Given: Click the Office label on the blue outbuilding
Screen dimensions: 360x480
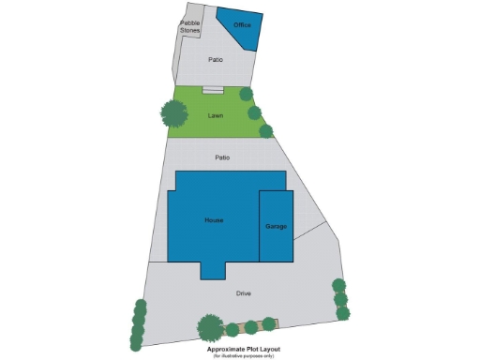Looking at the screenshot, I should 242,24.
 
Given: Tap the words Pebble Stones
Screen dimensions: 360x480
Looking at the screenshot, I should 190,26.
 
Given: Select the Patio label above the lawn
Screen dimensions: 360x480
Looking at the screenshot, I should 216,59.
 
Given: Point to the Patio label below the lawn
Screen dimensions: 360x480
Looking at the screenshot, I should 222,157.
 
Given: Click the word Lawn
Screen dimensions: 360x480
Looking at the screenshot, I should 216,115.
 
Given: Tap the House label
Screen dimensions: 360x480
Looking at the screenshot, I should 214,219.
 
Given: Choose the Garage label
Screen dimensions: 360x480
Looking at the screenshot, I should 276,227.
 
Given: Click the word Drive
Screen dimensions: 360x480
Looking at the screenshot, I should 244,293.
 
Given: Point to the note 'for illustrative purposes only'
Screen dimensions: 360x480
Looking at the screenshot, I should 243,356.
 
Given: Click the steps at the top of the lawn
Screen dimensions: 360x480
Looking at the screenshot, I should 214,90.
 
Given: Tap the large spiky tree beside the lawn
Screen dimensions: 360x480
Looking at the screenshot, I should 173,113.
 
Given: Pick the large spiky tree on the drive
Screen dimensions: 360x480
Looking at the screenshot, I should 210,326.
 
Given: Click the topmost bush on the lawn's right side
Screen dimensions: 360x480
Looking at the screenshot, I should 246,95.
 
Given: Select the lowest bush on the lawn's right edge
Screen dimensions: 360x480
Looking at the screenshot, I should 266,131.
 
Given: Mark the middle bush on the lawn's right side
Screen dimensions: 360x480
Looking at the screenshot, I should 254,112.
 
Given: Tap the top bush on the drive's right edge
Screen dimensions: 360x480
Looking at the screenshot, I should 338,285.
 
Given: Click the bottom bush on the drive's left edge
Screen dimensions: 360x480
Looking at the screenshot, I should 136,344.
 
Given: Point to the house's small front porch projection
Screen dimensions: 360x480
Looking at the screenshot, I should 213,270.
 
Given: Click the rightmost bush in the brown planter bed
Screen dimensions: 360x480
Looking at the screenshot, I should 269,324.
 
